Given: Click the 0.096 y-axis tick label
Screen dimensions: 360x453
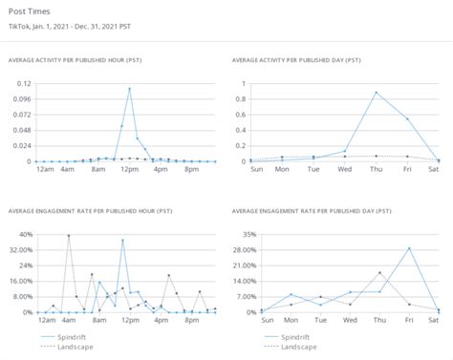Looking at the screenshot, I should (x=21, y=98).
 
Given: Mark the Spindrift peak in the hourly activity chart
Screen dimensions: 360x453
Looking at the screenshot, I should (x=129, y=89).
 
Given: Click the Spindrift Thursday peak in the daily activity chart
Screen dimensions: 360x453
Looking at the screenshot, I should (x=377, y=93).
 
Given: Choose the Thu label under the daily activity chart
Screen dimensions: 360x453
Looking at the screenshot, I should (x=377, y=170).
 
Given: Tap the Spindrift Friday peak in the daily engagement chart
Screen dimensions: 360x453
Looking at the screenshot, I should (x=408, y=248).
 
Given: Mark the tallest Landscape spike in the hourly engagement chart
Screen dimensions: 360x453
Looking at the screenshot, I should (x=68, y=235).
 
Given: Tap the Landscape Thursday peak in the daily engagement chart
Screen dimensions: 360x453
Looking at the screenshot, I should (x=378, y=273).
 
